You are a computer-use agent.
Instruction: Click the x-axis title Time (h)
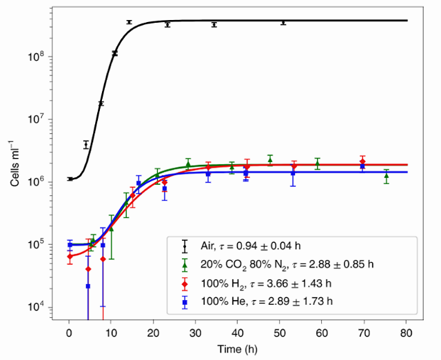pos(237,350)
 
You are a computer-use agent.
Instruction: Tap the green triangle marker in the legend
pos(185,263)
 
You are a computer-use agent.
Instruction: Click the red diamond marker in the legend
pos(185,283)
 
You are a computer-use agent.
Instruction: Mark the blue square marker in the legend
pos(185,302)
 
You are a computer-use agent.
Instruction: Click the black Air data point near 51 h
pos(283,22)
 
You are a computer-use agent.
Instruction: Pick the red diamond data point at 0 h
pos(70,257)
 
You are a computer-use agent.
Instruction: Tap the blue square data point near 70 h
pos(362,166)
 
